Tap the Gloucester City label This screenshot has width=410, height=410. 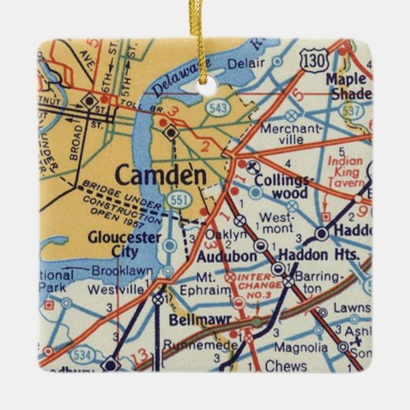pos(113,244)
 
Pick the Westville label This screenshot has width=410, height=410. pos(117,290)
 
